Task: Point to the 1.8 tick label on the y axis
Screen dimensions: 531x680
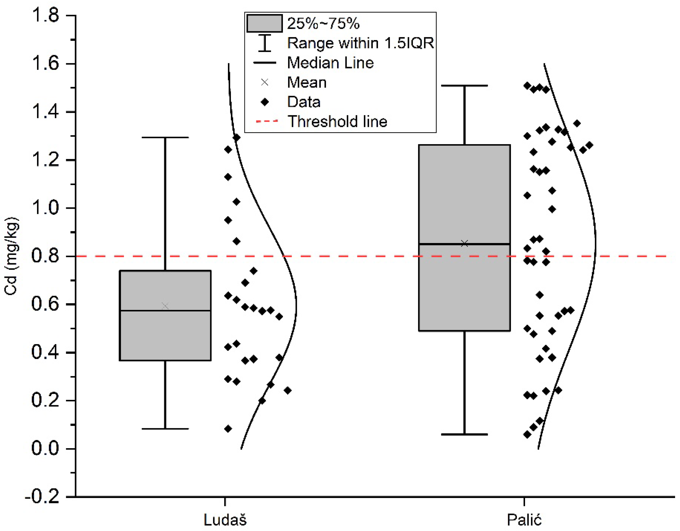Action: point(45,15)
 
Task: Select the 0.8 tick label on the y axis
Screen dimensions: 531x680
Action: point(45,256)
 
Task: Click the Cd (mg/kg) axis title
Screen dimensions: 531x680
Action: point(11,256)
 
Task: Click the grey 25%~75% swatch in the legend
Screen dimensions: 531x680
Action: point(264,23)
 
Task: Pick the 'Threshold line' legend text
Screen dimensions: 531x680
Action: point(337,121)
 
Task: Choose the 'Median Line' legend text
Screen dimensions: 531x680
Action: point(330,63)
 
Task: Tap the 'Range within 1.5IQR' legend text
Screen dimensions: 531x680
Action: point(360,43)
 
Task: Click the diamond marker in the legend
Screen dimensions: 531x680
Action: point(265,102)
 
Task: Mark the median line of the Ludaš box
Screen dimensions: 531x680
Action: point(165,311)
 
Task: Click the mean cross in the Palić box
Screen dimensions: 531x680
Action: point(464,243)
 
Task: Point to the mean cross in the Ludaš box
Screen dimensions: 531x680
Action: point(165,306)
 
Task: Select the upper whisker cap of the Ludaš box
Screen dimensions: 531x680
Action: point(165,137)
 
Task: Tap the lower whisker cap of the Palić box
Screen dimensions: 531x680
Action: point(464,434)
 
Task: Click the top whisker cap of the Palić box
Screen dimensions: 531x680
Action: point(464,85)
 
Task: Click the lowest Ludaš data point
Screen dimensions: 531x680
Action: point(228,429)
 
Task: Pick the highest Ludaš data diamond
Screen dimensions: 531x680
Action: point(236,137)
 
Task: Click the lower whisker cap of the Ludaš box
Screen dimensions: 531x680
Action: point(165,429)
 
